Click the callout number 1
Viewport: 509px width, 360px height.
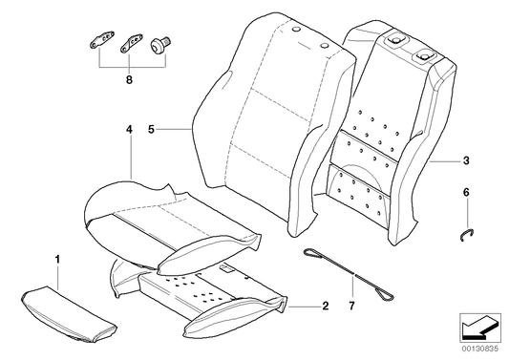coord(57,258)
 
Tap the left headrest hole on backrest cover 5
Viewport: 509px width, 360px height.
coord(295,33)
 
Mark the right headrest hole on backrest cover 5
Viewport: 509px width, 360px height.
coord(327,47)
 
